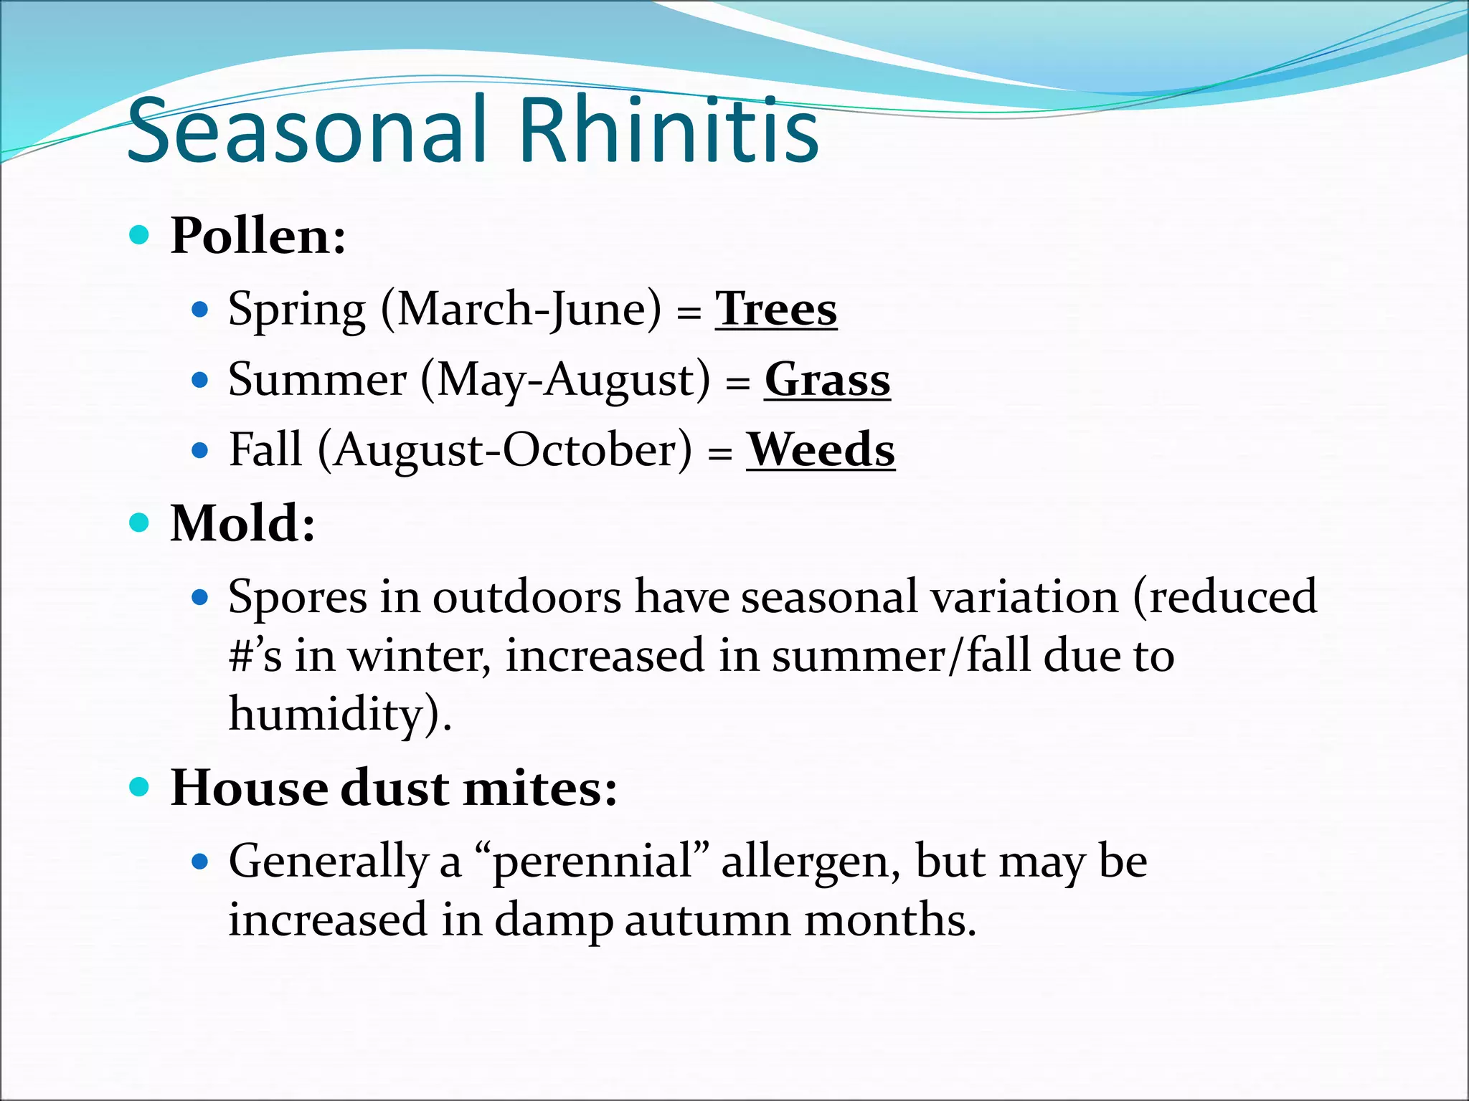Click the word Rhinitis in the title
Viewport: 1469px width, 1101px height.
669,130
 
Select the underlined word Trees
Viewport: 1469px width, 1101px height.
776,309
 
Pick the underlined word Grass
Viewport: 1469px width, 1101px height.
827,379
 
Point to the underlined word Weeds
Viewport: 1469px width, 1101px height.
821,449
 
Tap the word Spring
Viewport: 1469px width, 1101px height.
297,310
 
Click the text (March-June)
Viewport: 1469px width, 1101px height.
521,310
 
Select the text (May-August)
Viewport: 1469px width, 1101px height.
566,380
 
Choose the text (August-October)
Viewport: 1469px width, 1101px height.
505,450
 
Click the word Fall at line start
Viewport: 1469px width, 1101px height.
265,450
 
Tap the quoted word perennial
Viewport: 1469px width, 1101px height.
592,861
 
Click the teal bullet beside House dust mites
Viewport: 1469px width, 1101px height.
139,788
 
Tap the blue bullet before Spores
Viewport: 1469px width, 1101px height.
201,597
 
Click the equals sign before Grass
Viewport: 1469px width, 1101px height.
737,382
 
